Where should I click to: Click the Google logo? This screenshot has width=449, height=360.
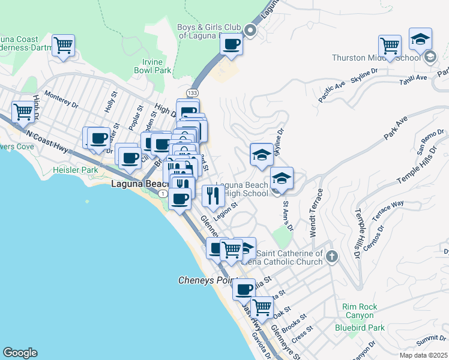[20, 353]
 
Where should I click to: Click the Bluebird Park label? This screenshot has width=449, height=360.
[359, 328]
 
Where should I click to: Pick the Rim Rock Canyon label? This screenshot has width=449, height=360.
[360, 311]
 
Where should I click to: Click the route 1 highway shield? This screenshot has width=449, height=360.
[162, 194]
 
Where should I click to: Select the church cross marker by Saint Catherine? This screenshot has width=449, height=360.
[332, 257]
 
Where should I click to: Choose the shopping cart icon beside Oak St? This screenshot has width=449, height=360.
[261, 307]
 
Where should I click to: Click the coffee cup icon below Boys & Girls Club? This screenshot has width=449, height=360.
[231, 43]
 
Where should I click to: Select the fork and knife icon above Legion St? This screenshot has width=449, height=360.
[212, 194]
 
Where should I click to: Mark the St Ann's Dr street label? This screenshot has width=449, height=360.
[288, 217]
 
